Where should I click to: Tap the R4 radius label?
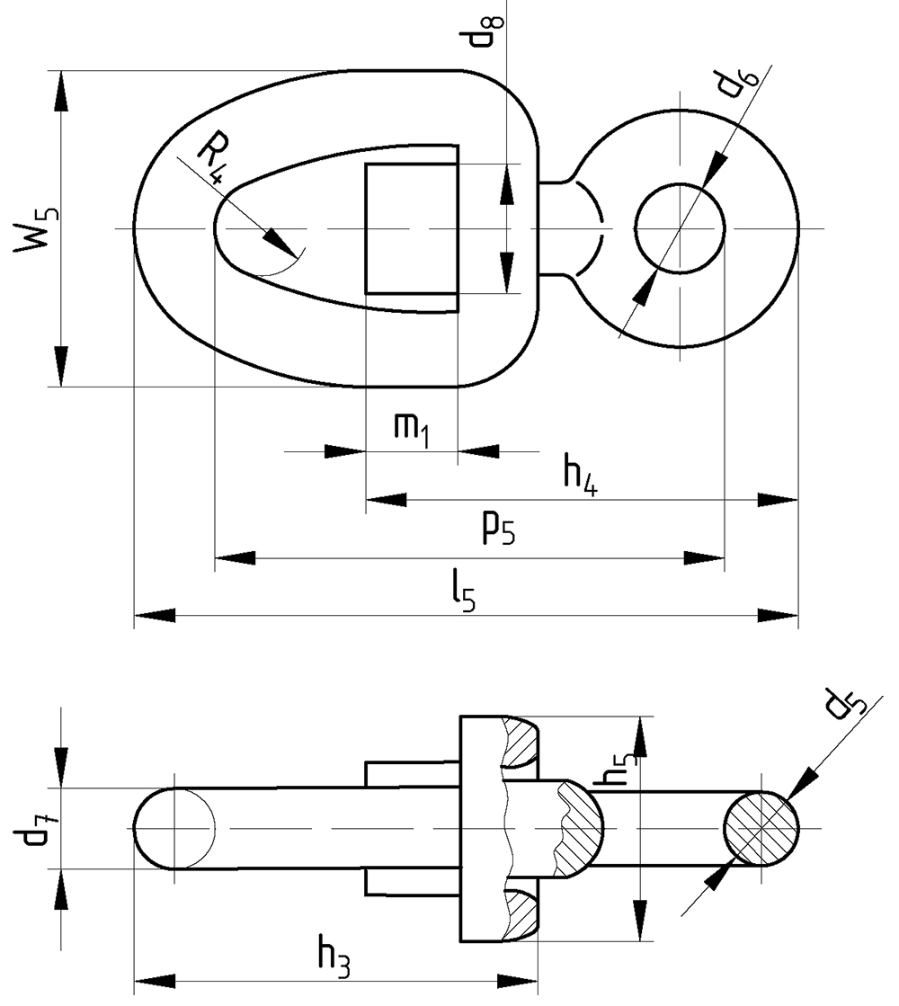coord(211,156)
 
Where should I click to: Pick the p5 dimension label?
coord(497,530)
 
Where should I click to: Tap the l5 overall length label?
coord(464,591)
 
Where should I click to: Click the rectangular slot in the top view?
coord(411,228)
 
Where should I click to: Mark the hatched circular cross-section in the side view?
coord(761,827)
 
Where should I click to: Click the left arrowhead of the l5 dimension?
coord(154,616)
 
